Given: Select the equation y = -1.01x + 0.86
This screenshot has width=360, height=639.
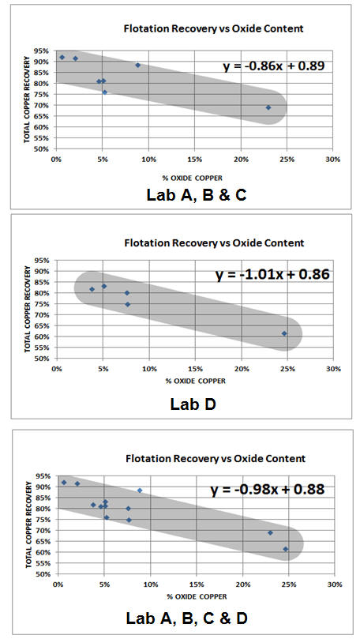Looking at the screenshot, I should click(x=272, y=275).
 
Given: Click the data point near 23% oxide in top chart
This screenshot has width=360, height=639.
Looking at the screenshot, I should click(x=268, y=107).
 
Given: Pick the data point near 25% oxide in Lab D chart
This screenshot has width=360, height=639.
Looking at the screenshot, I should click(x=284, y=333).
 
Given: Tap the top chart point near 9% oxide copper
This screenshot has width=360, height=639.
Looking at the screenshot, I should click(x=138, y=66).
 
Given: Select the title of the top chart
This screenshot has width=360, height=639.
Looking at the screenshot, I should click(x=214, y=28).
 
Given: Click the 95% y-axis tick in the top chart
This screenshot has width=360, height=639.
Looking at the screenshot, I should click(x=43, y=51).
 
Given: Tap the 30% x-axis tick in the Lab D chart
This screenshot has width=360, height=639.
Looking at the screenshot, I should click(x=333, y=369).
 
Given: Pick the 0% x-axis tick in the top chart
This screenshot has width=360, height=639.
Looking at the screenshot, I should click(x=56, y=159).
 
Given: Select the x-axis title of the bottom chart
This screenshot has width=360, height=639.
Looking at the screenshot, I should click(x=194, y=596).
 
